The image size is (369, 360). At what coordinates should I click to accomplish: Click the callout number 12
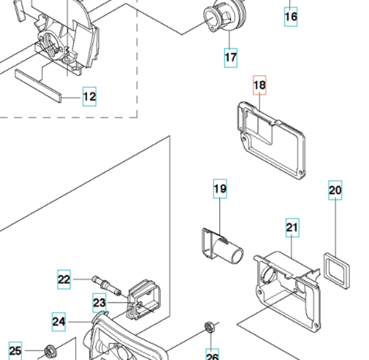pyautogui.click(x=89, y=97)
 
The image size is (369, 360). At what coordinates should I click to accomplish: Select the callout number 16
pyautogui.click(x=291, y=17)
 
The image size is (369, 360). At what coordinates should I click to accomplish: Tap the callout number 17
pyautogui.click(x=231, y=58)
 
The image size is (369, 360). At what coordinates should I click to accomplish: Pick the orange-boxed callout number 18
pyautogui.click(x=260, y=85)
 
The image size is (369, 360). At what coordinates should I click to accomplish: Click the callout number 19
pyautogui.click(x=220, y=189)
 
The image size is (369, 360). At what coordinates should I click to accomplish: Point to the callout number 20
pyautogui.click(x=335, y=190)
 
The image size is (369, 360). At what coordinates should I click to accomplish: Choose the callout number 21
pyautogui.click(x=292, y=228)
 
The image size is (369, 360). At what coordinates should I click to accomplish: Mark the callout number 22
pyautogui.click(x=64, y=280)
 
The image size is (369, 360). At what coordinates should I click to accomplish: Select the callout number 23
pyautogui.click(x=100, y=302)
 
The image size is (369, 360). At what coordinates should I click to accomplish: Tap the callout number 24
pyautogui.click(x=59, y=322)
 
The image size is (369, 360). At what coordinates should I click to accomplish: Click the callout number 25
pyautogui.click(x=15, y=351)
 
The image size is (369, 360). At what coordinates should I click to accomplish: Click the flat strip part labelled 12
pyautogui.click(x=38, y=86)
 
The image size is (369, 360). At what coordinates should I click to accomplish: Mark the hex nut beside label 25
pyautogui.click(x=50, y=352)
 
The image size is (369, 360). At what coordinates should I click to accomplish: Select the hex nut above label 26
pyautogui.click(x=210, y=327)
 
